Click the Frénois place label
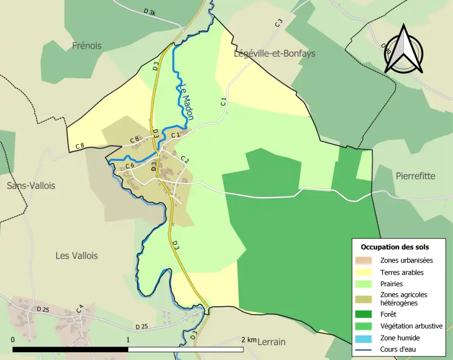87,46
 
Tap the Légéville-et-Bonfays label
275,53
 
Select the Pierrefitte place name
415,176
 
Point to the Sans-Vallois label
31,185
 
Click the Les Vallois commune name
77,255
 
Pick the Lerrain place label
271,342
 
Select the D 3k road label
150,12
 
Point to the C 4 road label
80,310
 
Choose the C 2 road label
185,160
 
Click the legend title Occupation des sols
394,247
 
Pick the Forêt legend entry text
388,314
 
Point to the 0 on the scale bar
13,340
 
